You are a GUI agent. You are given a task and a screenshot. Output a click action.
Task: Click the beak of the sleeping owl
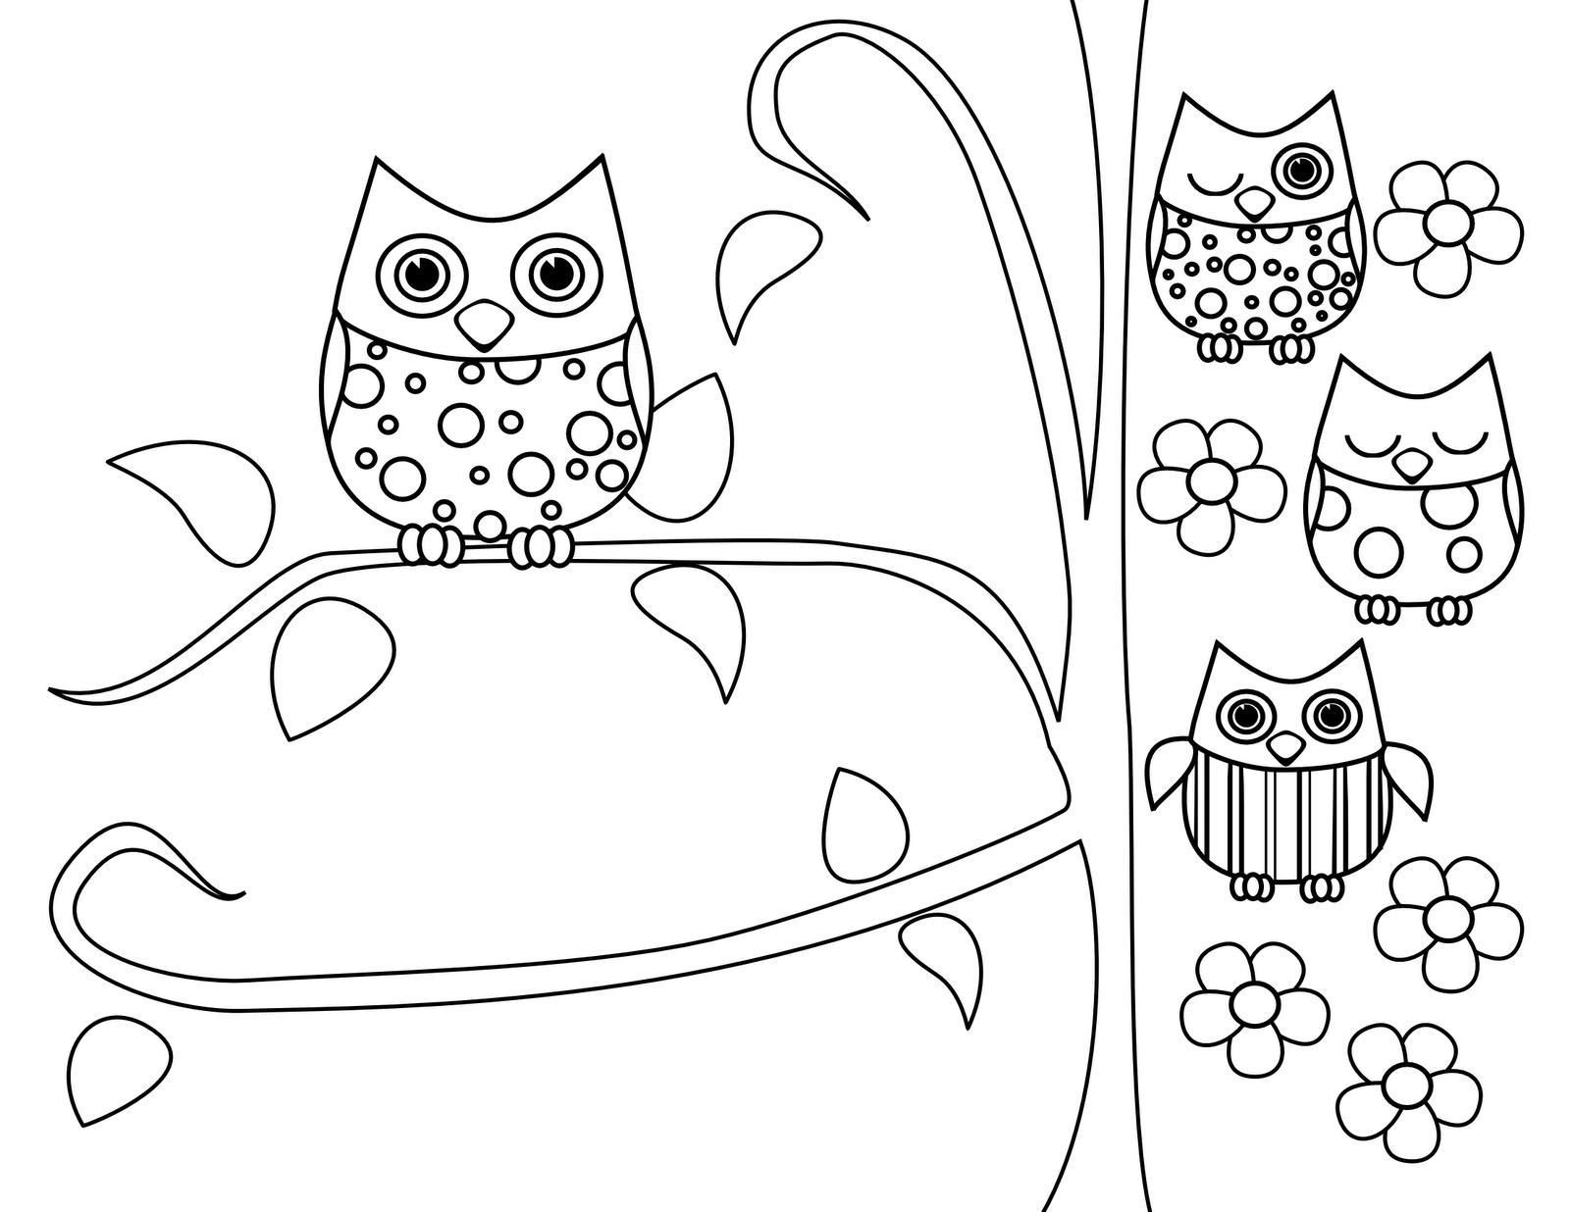(1411, 464)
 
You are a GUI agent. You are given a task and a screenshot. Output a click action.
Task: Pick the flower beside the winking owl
(1448, 227)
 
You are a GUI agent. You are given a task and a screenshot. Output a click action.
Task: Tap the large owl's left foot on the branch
(430, 544)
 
